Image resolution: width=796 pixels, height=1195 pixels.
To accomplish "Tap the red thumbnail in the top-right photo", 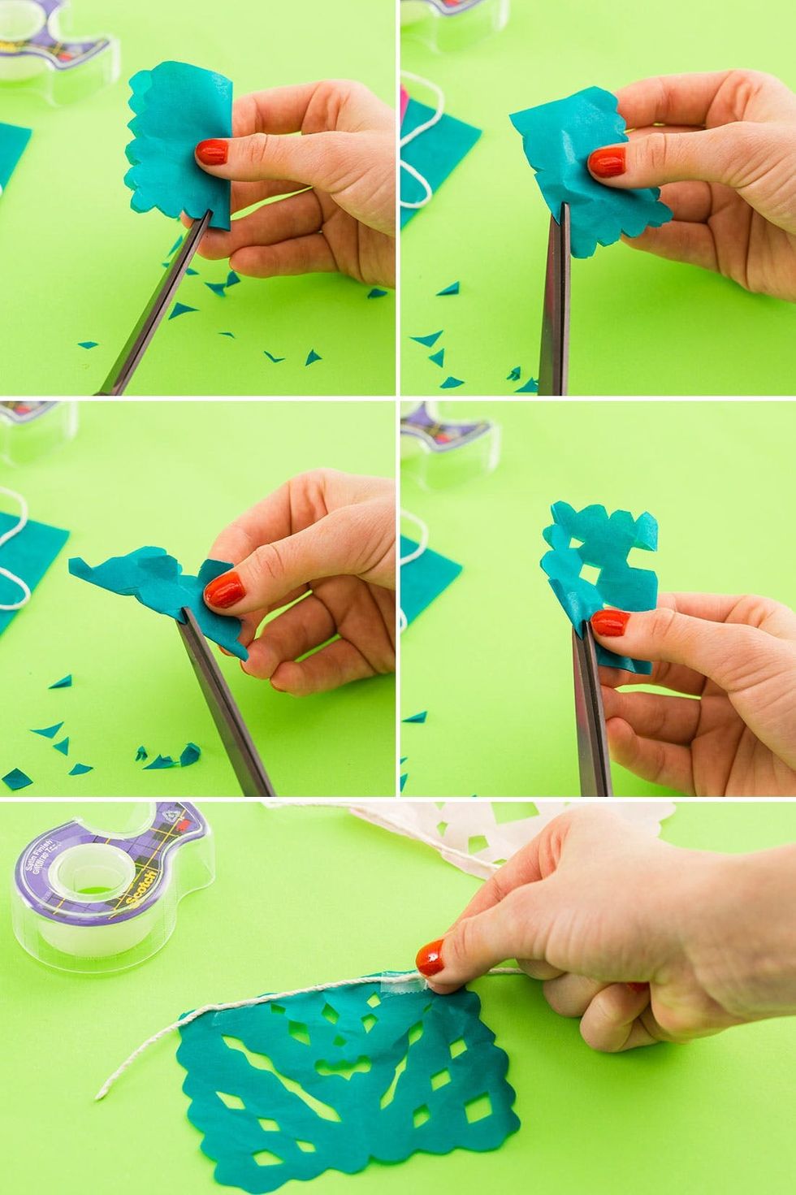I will [608, 162].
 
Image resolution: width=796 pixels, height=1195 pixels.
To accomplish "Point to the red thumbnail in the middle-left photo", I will [225, 589].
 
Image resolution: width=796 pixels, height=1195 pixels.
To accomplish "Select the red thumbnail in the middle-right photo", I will [610, 623].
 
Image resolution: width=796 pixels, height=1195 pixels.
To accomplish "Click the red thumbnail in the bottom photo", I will [430, 957].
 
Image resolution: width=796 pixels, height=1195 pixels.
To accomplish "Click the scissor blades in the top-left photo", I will [158, 309].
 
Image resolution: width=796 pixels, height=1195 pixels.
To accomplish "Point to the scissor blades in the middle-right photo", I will [591, 715].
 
